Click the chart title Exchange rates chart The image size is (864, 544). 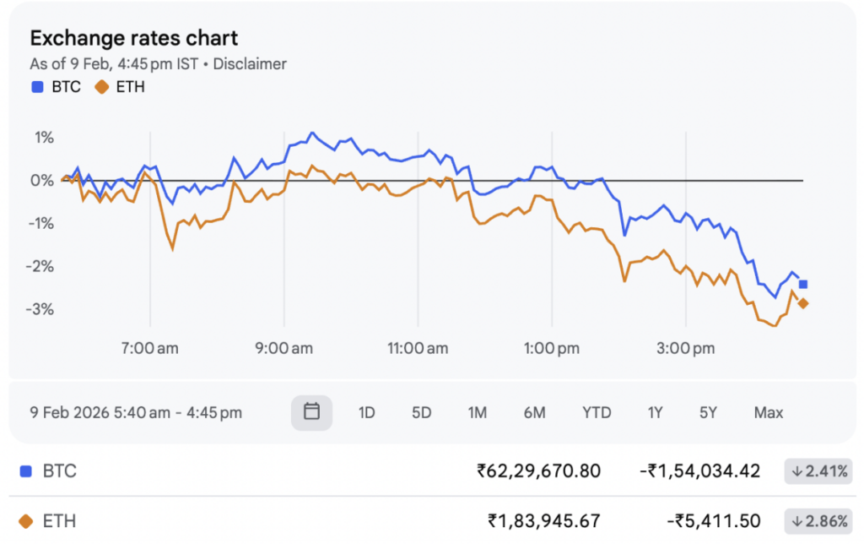tap(133, 38)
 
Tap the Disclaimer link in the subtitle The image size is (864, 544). tap(250, 64)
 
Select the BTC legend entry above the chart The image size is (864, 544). tap(57, 86)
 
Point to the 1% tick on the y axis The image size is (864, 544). tap(42, 138)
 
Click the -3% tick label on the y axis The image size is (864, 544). tap(40, 309)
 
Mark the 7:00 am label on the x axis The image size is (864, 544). tap(150, 348)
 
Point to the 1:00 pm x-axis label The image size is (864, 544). tap(552, 348)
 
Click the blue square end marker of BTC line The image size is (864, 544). tap(803, 285)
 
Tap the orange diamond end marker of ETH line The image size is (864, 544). tap(803, 304)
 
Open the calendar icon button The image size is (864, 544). tap(311, 412)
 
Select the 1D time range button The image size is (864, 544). tap(366, 413)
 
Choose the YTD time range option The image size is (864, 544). tap(597, 413)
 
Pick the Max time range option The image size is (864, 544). tap(768, 413)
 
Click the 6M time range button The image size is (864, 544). tap(534, 413)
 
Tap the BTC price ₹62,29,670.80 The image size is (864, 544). tap(538, 471)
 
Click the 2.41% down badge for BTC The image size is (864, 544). tap(817, 471)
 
